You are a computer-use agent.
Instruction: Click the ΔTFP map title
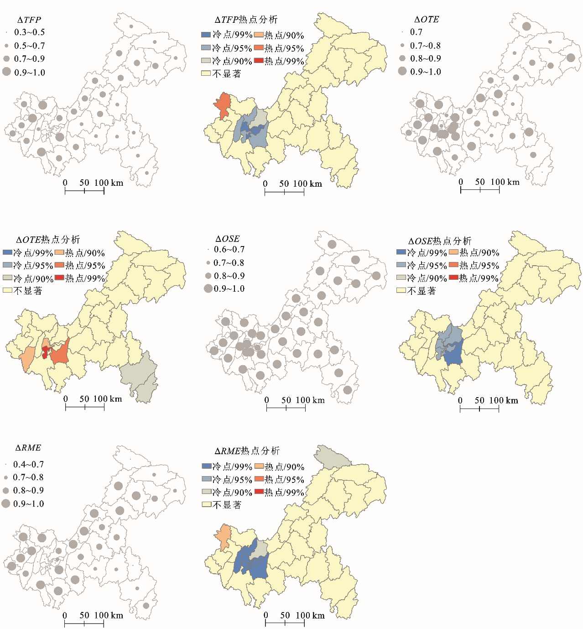pyautogui.click(x=29, y=20)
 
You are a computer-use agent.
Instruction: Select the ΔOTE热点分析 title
pyautogui.click(x=48, y=240)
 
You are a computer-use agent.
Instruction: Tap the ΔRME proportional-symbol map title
pyautogui.click(x=28, y=448)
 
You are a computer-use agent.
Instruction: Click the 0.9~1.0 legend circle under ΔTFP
pyautogui.click(x=6, y=72)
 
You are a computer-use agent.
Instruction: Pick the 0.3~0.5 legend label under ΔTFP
pyautogui.click(x=30, y=32)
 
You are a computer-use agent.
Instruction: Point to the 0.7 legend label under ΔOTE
pyautogui.click(x=416, y=32)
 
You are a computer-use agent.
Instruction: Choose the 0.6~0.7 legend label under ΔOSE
pyautogui.click(x=229, y=250)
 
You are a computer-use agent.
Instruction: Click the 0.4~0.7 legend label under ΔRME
pyautogui.click(x=29, y=464)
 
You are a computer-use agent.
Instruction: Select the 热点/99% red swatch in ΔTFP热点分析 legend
pyautogui.click(x=259, y=61)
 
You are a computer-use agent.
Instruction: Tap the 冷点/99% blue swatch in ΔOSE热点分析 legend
pyautogui.click(x=401, y=252)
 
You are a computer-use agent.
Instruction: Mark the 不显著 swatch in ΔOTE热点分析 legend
pyautogui.click(x=7, y=290)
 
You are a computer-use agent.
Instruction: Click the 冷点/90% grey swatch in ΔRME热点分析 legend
pyautogui.click(x=206, y=492)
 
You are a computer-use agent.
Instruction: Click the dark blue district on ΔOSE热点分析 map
pyautogui.click(x=453, y=352)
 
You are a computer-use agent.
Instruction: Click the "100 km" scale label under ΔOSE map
pyautogui.click(x=310, y=400)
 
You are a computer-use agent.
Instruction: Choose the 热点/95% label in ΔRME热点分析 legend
pyautogui.click(x=284, y=480)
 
